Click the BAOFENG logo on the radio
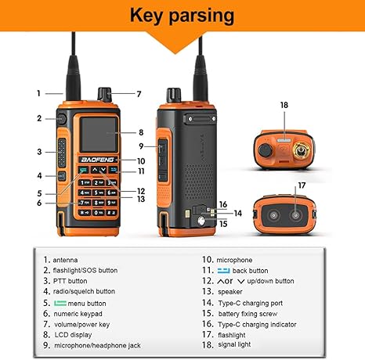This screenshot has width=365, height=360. (x=97, y=160)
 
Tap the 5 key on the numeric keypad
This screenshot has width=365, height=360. (x=99, y=193)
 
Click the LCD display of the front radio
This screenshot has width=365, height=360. (x=99, y=135)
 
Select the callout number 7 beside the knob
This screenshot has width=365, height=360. (x=139, y=94)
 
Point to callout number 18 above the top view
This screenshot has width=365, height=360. (x=284, y=105)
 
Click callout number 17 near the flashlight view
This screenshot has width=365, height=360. (x=302, y=185)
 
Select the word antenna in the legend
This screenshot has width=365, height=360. (x=65, y=260)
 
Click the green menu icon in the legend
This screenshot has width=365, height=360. (x=60, y=303)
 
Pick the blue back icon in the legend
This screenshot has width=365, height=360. (x=224, y=271)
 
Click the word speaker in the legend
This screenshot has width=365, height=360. (x=230, y=292)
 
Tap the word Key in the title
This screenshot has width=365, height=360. (x=146, y=16)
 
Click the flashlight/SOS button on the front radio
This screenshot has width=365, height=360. (x=62, y=119)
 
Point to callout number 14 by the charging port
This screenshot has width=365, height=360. (x=238, y=214)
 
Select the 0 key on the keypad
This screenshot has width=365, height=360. (x=99, y=213)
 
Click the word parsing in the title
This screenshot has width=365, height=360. (x=201, y=16)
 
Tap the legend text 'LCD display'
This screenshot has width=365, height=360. (x=73, y=335)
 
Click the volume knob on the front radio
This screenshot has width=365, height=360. (x=105, y=94)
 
